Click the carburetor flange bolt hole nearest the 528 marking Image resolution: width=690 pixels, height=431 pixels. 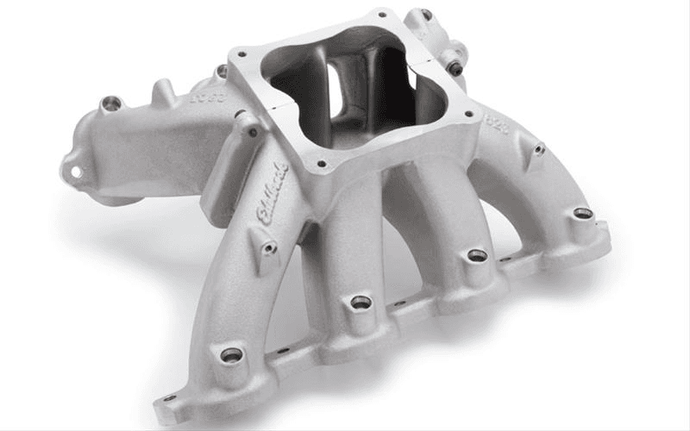click(467, 112)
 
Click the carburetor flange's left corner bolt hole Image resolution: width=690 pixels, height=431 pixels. click(241, 53)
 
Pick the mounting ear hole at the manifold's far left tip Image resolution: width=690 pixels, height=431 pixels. click(76, 172)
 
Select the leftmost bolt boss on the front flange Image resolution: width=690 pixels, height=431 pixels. click(231, 354)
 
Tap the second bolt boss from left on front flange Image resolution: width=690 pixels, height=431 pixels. click(361, 302)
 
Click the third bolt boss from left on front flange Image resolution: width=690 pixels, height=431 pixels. click(477, 255)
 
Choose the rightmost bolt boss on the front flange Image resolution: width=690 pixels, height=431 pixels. click(583, 212)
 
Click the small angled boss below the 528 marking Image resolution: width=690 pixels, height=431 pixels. click(539, 150)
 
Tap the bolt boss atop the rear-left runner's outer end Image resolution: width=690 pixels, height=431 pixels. click(110, 103)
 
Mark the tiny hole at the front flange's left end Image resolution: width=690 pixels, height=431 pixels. click(169, 399)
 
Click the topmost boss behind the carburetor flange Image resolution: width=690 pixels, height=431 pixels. click(425, 15)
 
